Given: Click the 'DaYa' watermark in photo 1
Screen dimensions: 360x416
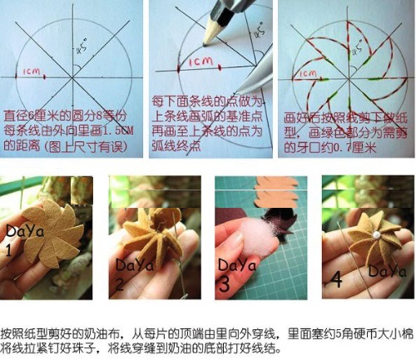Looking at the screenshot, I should [22, 232].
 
